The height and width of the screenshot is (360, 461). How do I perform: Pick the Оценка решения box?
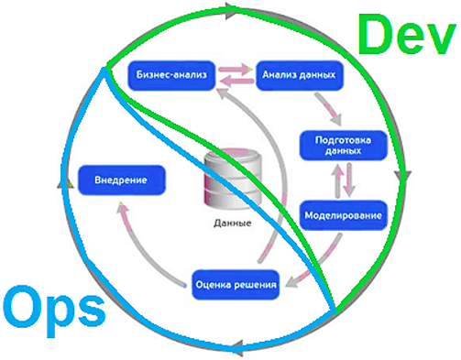236,285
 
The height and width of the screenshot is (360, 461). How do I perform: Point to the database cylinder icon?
230,180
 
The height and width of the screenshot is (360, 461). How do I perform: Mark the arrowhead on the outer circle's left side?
65,183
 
